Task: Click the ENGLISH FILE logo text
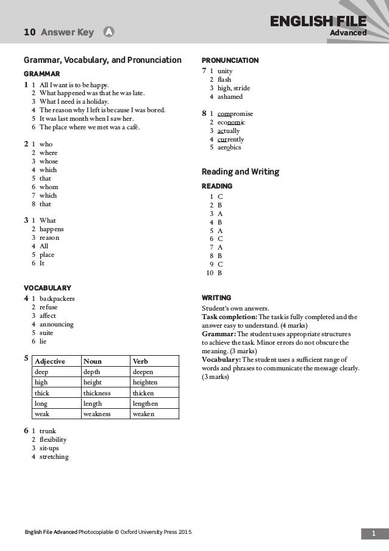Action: click(334, 23)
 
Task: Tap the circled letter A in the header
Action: click(108, 32)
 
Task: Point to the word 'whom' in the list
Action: click(50, 187)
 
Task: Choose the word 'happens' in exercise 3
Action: click(55, 229)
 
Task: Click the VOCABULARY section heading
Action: click(47, 287)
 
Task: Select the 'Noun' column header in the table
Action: click(93, 361)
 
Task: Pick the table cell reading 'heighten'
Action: click(145, 382)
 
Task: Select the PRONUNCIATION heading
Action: click(230, 60)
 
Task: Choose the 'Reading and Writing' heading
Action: click(240, 172)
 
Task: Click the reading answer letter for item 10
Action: click(220, 273)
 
